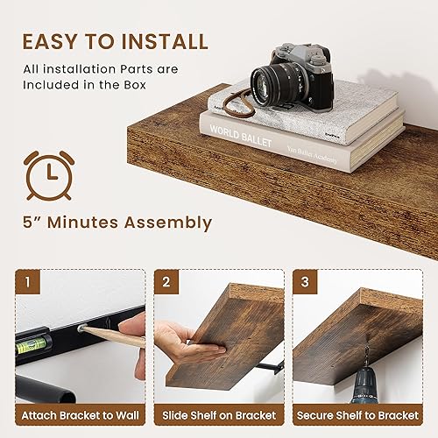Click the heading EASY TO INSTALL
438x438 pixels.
114,41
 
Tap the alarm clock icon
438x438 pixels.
49,173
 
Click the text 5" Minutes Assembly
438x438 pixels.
117,223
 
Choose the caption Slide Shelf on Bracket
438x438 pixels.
219,414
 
